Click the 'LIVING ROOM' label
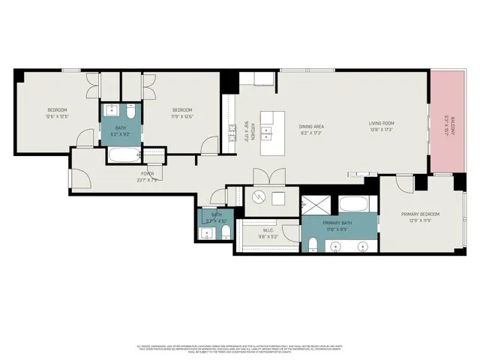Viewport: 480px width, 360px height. click(381, 124)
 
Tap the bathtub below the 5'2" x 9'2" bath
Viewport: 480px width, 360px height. click(122, 156)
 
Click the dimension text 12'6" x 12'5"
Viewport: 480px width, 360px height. click(58, 117)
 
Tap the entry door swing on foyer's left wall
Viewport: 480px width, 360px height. click(81, 178)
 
